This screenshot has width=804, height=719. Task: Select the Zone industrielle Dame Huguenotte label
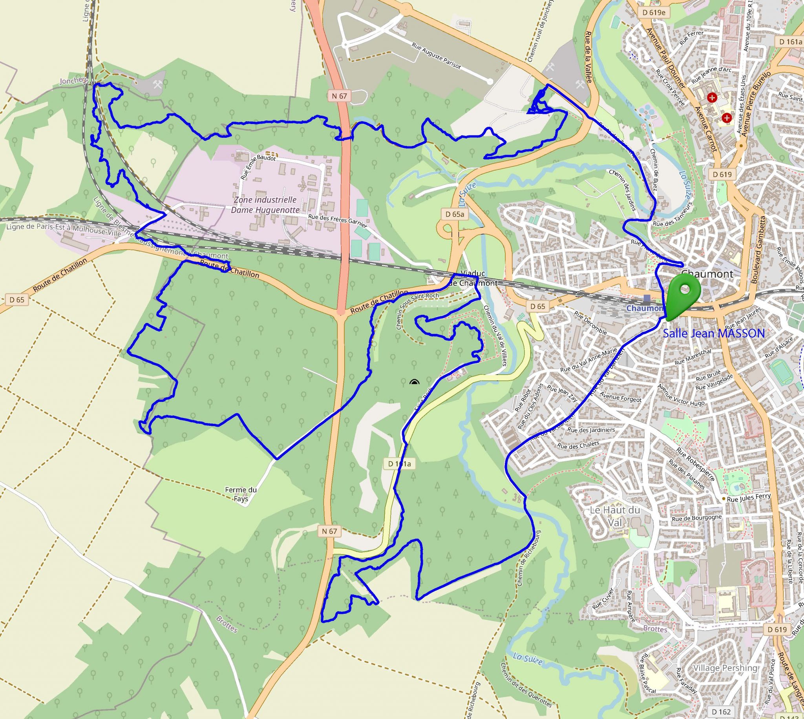265,204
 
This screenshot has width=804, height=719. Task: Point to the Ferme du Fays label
247,495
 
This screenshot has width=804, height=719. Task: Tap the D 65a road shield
451,214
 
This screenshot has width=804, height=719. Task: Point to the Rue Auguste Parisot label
436,57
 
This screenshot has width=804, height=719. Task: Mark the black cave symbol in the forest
414,381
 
